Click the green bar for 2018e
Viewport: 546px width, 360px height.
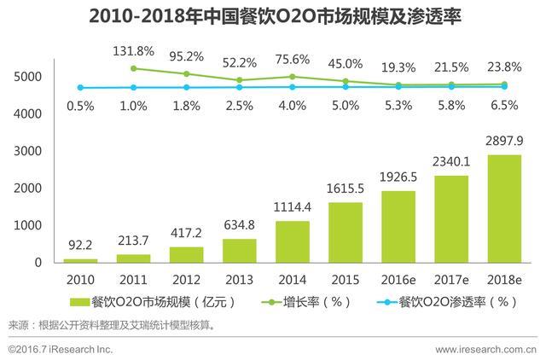pyautogui.click(x=505, y=208)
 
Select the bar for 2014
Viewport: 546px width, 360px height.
pyautogui.click(x=293, y=241)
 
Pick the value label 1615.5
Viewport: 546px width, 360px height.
pyautogui.click(x=346, y=185)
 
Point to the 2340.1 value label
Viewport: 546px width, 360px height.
pyautogui.click(x=452, y=159)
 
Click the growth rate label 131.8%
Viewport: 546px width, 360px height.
pyautogui.click(x=135, y=51)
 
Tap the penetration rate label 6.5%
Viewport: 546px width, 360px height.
pyautogui.click(x=505, y=106)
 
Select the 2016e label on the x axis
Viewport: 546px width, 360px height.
pyautogui.click(x=399, y=279)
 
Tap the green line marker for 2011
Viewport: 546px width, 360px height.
pyautogui.click(x=135, y=68)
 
